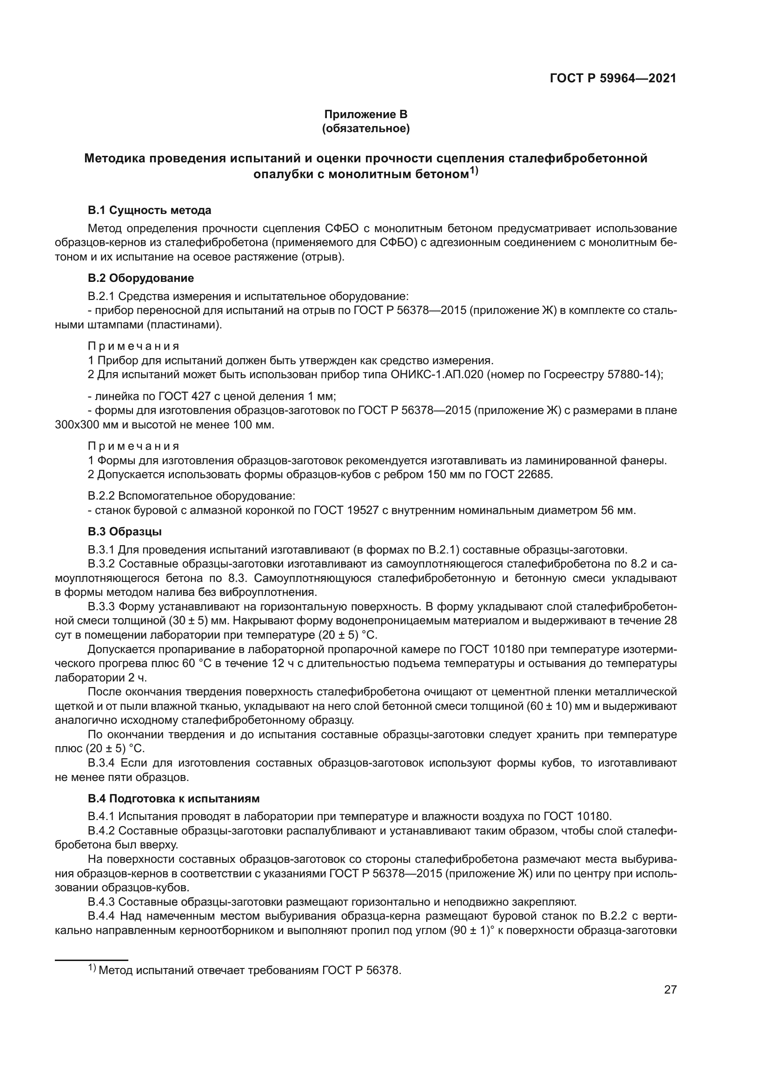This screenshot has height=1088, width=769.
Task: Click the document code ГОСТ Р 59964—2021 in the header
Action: [x=613, y=78]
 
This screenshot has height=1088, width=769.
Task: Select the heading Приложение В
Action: [x=365, y=114]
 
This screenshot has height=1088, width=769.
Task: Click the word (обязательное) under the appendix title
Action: [x=365, y=128]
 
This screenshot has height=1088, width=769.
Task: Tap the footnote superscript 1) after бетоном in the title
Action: [x=473, y=172]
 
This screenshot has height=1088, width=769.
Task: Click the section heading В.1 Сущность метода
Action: [x=150, y=210]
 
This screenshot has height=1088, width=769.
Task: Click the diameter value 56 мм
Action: [x=617, y=510]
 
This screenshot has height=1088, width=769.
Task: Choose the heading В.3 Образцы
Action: [x=125, y=532]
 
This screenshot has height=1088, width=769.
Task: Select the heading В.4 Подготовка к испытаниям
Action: [x=173, y=799]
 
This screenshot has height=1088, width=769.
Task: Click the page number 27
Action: [x=670, y=989]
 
